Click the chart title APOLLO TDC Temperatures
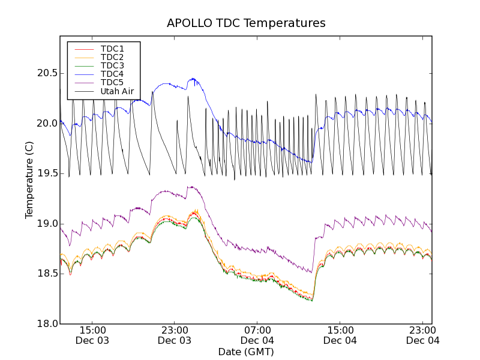(246, 23)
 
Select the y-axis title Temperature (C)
(29, 180)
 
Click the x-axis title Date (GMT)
(246, 352)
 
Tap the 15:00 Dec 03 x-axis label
(92, 335)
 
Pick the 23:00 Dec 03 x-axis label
(175, 335)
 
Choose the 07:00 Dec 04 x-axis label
(257, 335)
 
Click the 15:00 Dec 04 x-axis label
(340, 335)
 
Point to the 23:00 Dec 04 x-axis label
(422, 335)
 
